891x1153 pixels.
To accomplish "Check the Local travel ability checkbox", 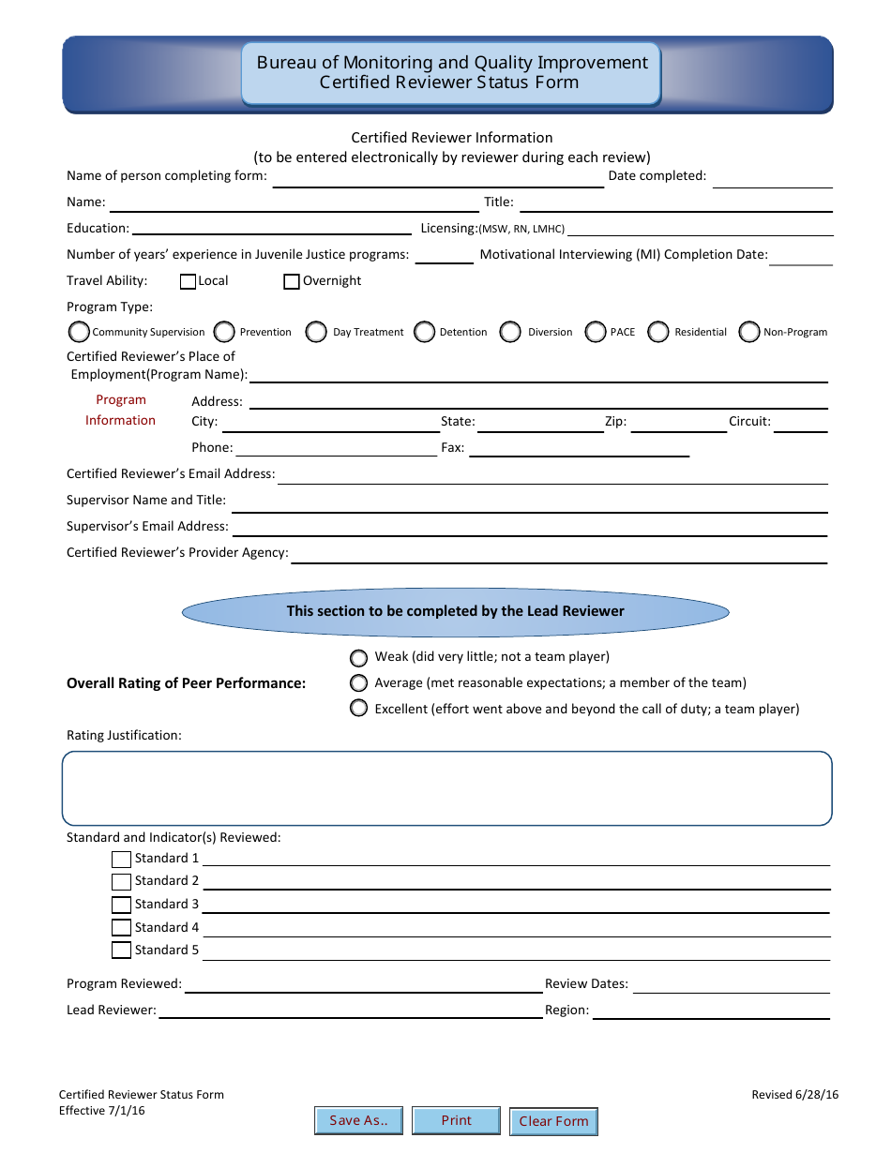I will click(x=188, y=281).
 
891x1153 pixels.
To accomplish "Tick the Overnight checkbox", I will click(x=292, y=281).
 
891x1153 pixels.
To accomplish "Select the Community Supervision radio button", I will click(x=79, y=332).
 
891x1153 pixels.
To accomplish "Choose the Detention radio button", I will click(x=425, y=332).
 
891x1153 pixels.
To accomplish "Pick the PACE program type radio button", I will click(x=596, y=332).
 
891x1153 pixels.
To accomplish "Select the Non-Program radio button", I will click(x=748, y=332).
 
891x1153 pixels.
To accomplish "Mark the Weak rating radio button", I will click(x=358, y=657).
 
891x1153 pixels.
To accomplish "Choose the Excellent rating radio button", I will click(x=358, y=709).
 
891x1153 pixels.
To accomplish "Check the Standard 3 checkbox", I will click(x=121, y=905).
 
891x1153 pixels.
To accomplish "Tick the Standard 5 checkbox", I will click(x=121, y=951).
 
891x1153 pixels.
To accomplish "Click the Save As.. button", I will click(x=358, y=1120).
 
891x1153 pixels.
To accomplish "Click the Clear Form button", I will click(x=553, y=1121).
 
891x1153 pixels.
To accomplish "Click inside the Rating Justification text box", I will click(x=446, y=788).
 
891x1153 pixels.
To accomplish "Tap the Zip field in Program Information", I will click(x=678, y=423).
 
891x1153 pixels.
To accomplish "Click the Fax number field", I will click(x=579, y=449).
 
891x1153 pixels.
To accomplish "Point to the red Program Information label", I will click(x=121, y=411).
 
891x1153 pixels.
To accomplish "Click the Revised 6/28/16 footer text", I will click(x=794, y=1095).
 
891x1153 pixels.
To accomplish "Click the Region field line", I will click(x=711, y=1011).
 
